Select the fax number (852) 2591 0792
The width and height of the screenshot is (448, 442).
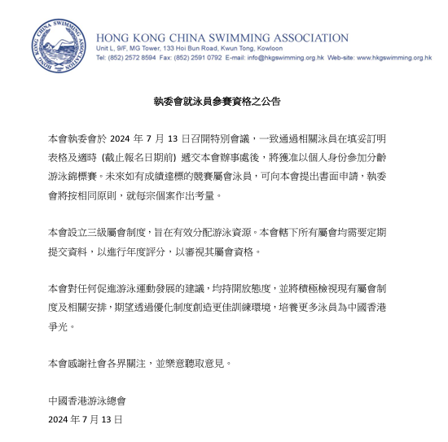199,59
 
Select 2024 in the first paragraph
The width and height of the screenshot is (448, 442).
123,138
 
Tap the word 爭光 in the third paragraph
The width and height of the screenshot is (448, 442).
59,326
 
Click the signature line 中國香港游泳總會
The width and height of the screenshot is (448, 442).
88,401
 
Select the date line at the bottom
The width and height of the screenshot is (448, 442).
86,420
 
